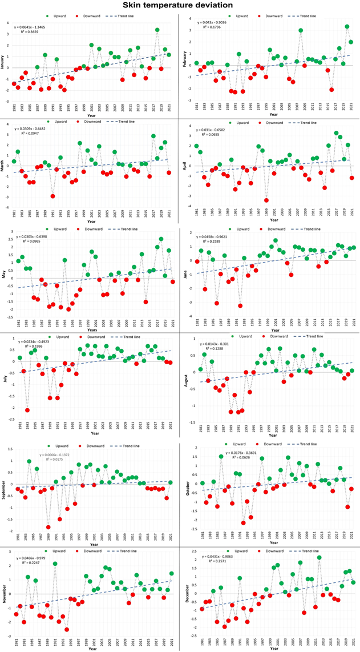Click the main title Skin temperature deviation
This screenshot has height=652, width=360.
[180, 5]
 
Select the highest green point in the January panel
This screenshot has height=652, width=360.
[157, 30]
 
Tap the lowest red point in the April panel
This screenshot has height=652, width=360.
[266, 200]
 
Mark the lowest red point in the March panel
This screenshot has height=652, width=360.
[52, 196]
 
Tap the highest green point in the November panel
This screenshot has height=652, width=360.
[55, 564]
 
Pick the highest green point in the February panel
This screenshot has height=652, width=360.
[347, 26]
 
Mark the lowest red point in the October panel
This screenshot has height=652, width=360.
[243, 522]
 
